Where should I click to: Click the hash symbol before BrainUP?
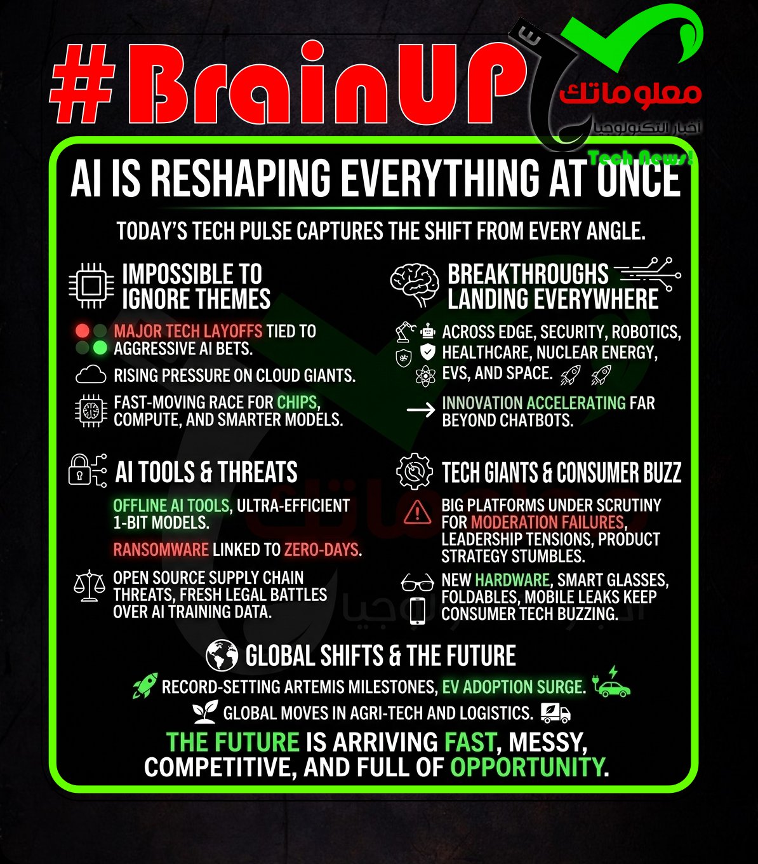(84, 84)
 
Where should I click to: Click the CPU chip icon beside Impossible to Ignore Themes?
(91, 285)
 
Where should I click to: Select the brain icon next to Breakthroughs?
(415, 284)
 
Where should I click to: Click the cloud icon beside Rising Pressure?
(91, 375)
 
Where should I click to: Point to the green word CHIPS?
(297, 402)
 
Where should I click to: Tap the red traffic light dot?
(83, 330)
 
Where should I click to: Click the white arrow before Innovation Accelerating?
(421, 410)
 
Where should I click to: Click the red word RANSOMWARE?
(161, 550)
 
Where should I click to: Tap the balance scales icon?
(90, 585)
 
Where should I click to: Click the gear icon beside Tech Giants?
(414, 471)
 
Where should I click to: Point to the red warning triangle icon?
(418, 512)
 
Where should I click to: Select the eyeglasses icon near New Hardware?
(418, 582)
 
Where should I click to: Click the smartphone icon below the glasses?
(418, 611)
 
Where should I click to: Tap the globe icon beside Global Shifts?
(222, 655)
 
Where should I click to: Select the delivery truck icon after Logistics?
(555, 713)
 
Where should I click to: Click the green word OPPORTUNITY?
(528, 767)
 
